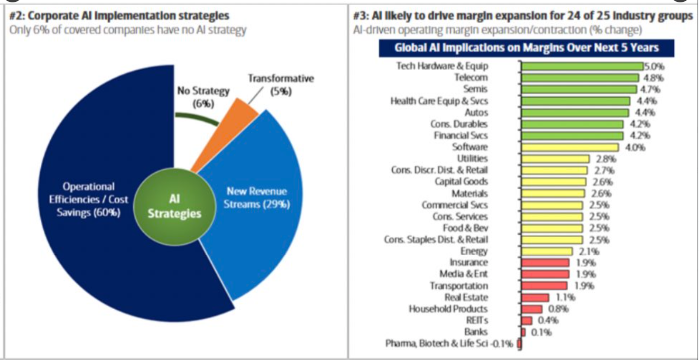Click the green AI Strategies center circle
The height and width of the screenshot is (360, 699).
(174, 207)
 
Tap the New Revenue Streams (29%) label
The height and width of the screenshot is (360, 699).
(257, 198)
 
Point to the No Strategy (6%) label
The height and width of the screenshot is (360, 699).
(203, 97)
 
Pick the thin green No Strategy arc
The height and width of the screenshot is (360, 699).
(197, 117)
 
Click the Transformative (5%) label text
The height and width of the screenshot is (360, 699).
(281, 84)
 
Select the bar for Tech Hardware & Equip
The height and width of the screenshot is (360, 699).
(582, 66)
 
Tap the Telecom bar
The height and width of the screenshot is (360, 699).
(580, 78)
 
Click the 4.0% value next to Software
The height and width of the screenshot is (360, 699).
(635, 147)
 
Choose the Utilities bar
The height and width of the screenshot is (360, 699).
(555, 159)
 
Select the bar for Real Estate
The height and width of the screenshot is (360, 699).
(535, 297)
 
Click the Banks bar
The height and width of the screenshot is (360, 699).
(523, 332)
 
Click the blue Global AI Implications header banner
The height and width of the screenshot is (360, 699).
(526, 48)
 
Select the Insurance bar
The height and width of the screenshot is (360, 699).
(545, 263)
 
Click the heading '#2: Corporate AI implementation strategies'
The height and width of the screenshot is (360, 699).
(119, 16)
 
